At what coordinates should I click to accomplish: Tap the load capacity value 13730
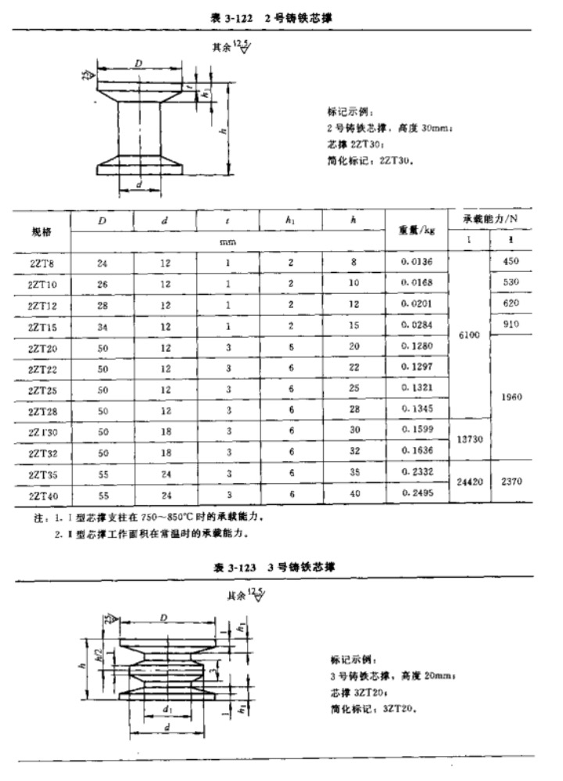click(x=469, y=440)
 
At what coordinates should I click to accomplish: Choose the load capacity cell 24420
click(x=469, y=482)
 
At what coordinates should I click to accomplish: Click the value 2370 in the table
click(x=511, y=482)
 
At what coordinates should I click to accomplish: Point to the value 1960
click(x=511, y=397)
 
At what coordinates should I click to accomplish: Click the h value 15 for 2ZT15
click(x=353, y=325)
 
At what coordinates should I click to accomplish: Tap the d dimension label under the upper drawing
click(x=138, y=185)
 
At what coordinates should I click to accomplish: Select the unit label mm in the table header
click(x=227, y=242)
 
